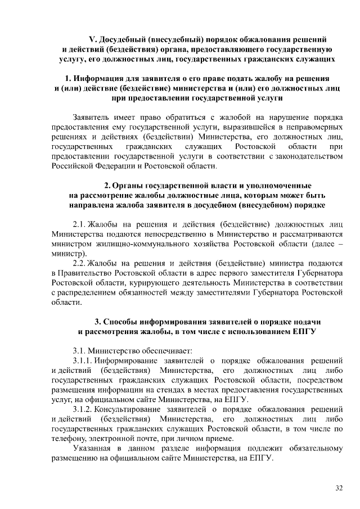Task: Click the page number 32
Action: (339, 488)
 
